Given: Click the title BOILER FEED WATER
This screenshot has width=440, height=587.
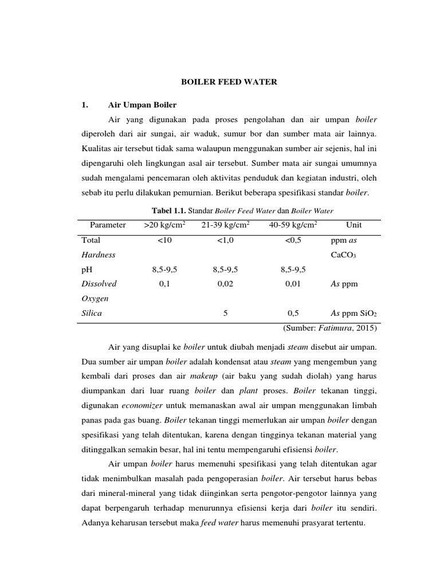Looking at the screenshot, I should (x=229, y=82).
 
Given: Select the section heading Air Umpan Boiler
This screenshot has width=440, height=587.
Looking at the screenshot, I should (x=142, y=105).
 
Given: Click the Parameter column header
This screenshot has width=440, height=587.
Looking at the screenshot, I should (x=108, y=225).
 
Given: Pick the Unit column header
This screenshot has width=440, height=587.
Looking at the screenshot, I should (x=353, y=225).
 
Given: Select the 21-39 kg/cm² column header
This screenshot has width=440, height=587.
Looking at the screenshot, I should (x=225, y=225).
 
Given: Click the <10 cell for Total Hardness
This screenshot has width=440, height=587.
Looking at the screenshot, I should (x=164, y=241).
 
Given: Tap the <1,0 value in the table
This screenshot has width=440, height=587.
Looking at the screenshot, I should (x=225, y=241).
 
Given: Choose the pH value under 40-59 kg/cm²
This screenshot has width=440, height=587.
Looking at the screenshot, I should (x=292, y=269).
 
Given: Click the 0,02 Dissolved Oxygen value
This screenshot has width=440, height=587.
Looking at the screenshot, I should (x=225, y=283).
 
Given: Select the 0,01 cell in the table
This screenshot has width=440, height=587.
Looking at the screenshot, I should (x=292, y=283).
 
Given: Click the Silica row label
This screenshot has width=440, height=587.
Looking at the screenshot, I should (x=92, y=313).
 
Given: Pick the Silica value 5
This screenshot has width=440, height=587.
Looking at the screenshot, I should (x=225, y=313).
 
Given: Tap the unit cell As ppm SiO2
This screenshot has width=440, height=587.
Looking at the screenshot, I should (x=353, y=313).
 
